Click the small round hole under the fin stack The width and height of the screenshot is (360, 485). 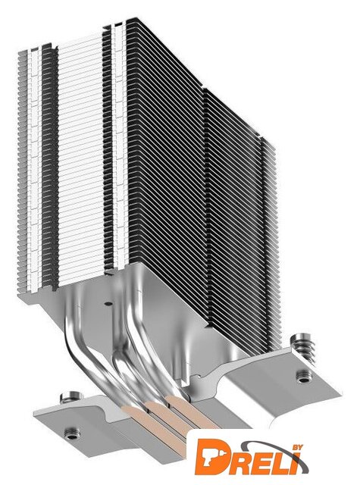(x=107, y=304)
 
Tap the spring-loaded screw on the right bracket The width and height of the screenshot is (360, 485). (x=304, y=346)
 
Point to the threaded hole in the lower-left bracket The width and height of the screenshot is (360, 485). (x=72, y=433)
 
